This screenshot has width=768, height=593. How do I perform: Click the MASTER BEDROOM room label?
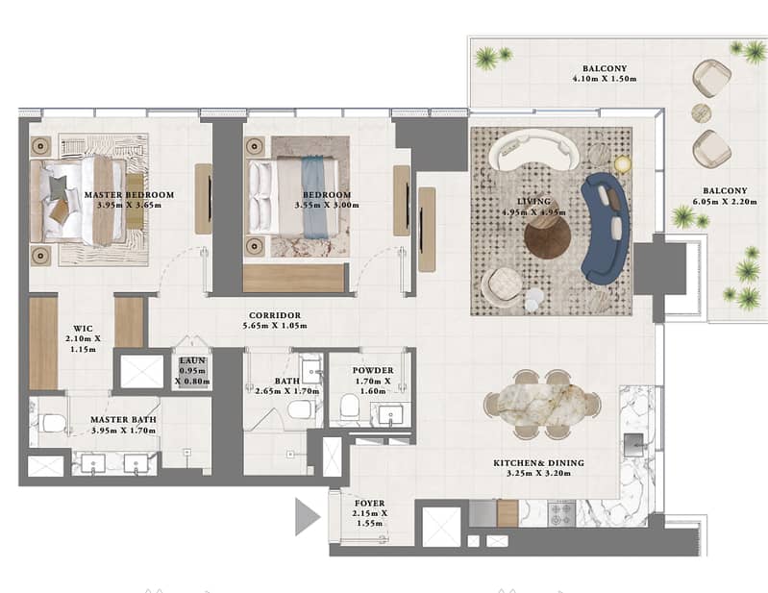point(130,194)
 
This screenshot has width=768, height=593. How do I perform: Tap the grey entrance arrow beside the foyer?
point(306,516)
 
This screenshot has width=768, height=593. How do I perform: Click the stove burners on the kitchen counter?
point(561,513)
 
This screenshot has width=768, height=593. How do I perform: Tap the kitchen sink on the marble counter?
point(633,445)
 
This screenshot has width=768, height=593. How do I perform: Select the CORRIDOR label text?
point(275,315)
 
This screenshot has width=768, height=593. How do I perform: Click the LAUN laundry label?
point(192,360)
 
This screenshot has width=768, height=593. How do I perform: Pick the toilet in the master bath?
point(52,424)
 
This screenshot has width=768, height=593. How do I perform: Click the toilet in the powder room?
point(350,405)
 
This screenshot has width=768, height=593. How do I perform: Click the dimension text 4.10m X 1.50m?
point(605,79)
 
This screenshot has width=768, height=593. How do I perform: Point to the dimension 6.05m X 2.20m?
point(725,201)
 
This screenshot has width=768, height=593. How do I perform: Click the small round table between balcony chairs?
point(702,113)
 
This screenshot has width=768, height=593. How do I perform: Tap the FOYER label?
point(369,503)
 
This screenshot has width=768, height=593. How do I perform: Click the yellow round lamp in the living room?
point(623,164)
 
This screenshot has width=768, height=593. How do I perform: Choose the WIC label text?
point(83,328)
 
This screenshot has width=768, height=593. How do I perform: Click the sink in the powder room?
point(390,414)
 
